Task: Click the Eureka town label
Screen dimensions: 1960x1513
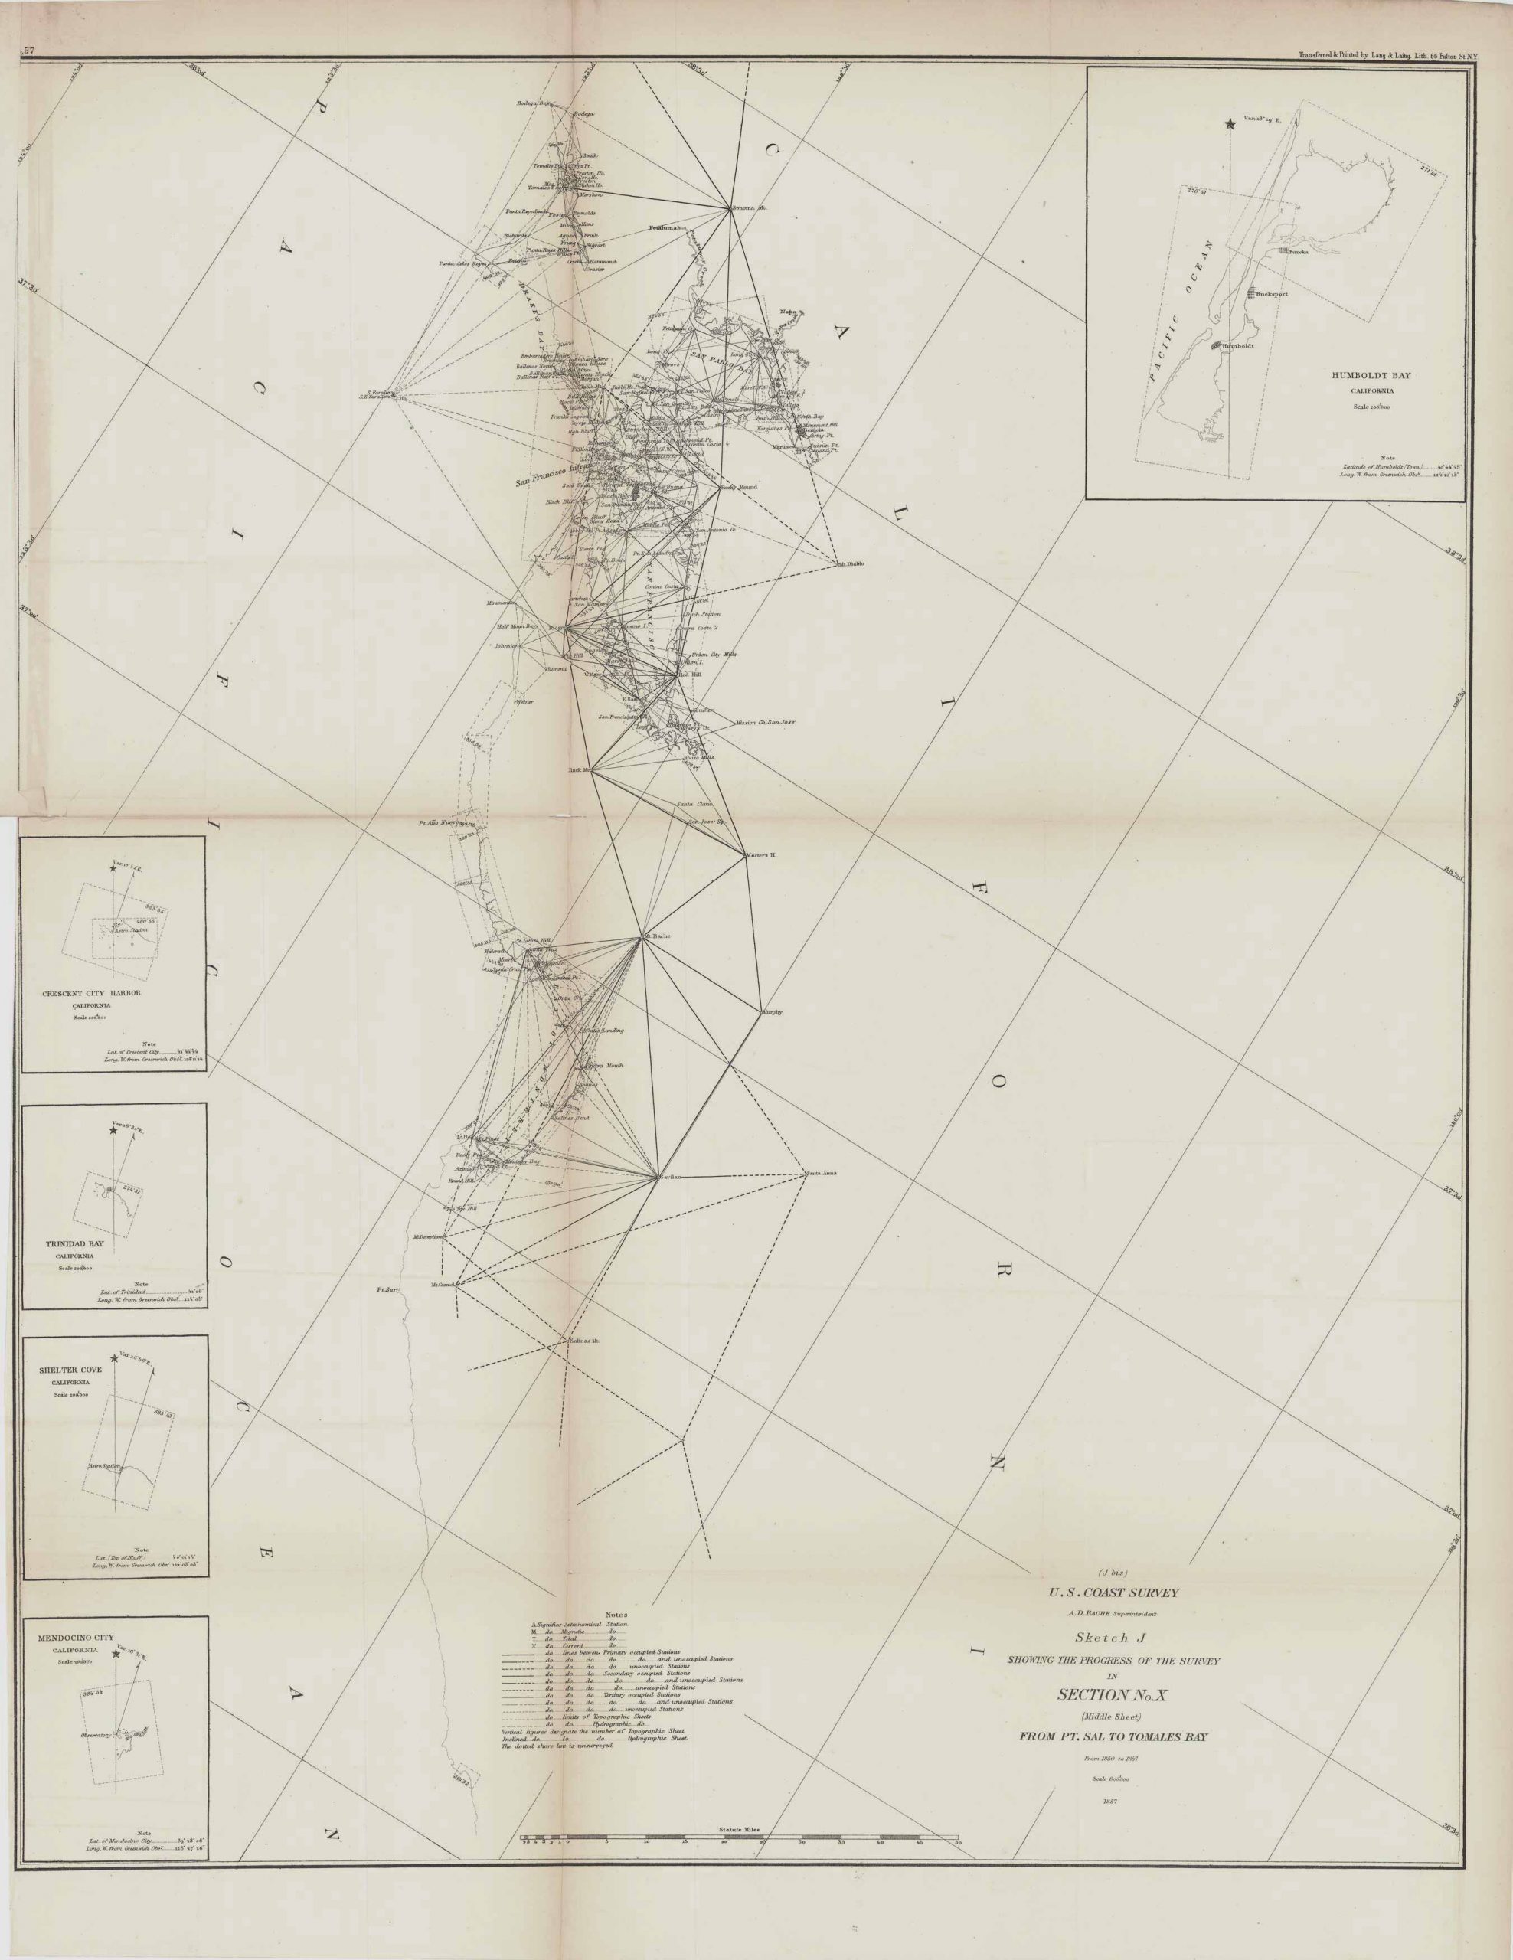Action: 1300,252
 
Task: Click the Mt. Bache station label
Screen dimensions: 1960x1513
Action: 658,937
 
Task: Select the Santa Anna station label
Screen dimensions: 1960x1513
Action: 821,1174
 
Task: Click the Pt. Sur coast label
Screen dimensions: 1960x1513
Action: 387,1291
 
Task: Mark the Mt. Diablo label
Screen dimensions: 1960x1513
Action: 850,563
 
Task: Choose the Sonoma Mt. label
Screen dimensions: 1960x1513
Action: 750,208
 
